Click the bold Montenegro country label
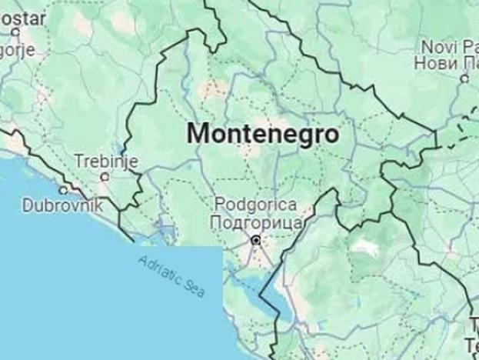(x=262, y=133)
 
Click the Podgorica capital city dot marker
(x=256, y=241)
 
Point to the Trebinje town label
(x=105, y=162)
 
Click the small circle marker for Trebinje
(x=105, y=176)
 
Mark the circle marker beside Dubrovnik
(x=63, y=190)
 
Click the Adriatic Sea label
(x=171, y=276)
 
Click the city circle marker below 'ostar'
(x=15, y=32)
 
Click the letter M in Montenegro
(x=197, y=133)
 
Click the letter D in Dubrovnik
(x=28, y=205)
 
